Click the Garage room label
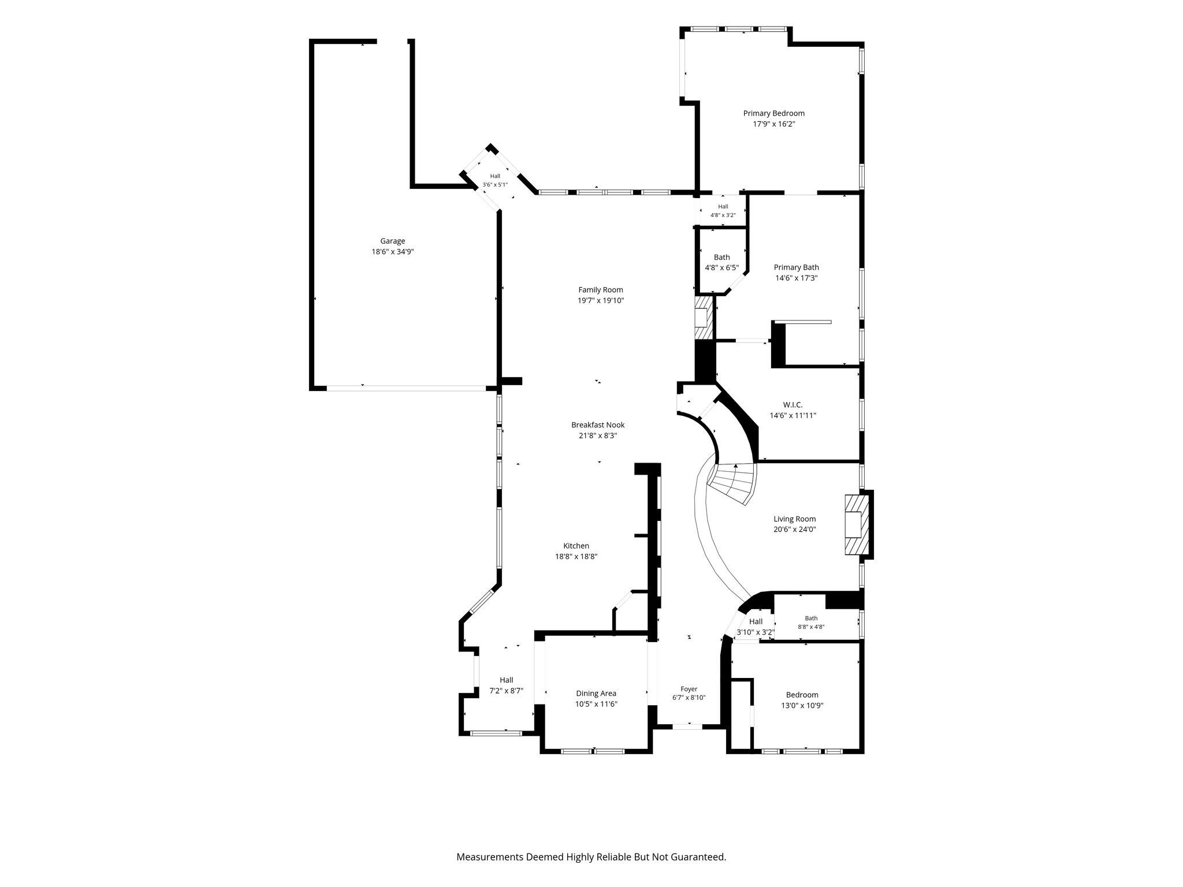click(x=392, y=241)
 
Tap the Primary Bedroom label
click(x=773, y=113)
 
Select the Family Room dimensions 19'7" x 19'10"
click(x=601, y=300)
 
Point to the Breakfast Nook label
click(x=598, y=425)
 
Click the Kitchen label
click(x=576, y=546)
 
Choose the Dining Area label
click(x=596, y=694)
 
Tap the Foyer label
click(x=689, y=689)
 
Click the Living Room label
click(x=795, y=519)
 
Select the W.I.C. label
click(x=793, y=405)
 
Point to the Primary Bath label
click(x=796, y=267)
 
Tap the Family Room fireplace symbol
click(x=704, y=318)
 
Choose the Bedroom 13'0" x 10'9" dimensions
click(x=802, y=705)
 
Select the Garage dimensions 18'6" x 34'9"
click(x=393, y=252)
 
